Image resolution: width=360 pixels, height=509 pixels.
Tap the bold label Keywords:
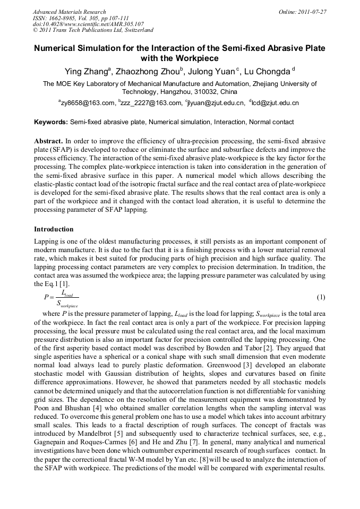[x=51, y=122]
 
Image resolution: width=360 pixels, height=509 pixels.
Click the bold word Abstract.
[x=48, y=141]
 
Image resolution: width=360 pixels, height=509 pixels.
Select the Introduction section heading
[x=54, y=229]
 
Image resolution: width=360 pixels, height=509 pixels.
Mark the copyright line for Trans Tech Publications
[x=93, y=31]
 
